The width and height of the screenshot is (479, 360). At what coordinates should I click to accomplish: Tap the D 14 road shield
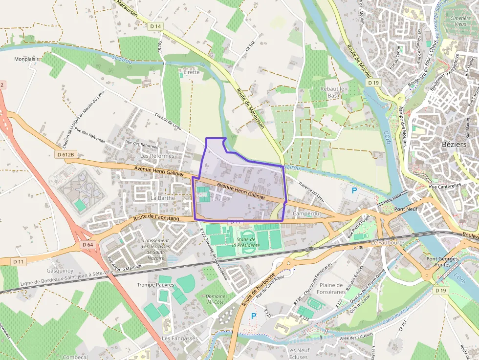(x=155, y=26)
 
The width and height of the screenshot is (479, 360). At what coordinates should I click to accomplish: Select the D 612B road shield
(x=65, y=155)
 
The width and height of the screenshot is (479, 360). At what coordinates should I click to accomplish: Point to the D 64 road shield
(x=87, y=244)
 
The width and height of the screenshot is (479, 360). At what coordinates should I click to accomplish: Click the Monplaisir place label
(x=26, y=59)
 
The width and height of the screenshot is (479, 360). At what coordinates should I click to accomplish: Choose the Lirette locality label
(x=191, y=72)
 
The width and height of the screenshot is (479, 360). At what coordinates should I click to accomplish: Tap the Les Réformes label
(x=157, y=156)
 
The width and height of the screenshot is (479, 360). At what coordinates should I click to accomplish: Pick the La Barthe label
(x=163, y=198)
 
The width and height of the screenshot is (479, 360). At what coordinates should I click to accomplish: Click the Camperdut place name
(x=306, y=214)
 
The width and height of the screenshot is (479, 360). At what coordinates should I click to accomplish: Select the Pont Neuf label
(x=406, y=209)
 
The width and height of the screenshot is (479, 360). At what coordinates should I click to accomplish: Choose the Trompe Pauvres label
(x=155, y=285)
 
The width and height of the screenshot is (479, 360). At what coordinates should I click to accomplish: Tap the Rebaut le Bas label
(x=332, y=92)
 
